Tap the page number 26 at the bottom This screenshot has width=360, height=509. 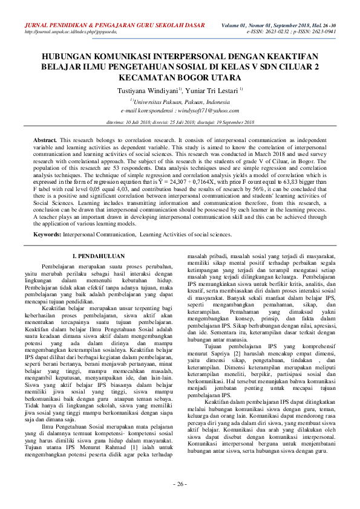[180, 484]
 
